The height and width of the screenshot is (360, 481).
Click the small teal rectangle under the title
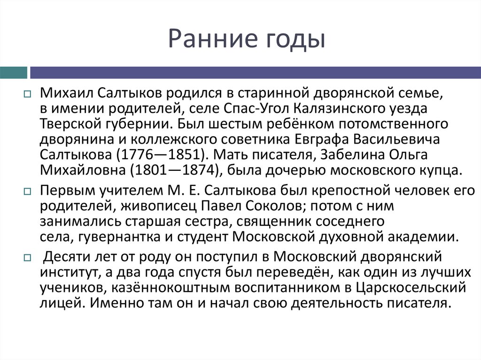point(13,72)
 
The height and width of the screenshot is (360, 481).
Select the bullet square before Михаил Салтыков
point(27,94)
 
